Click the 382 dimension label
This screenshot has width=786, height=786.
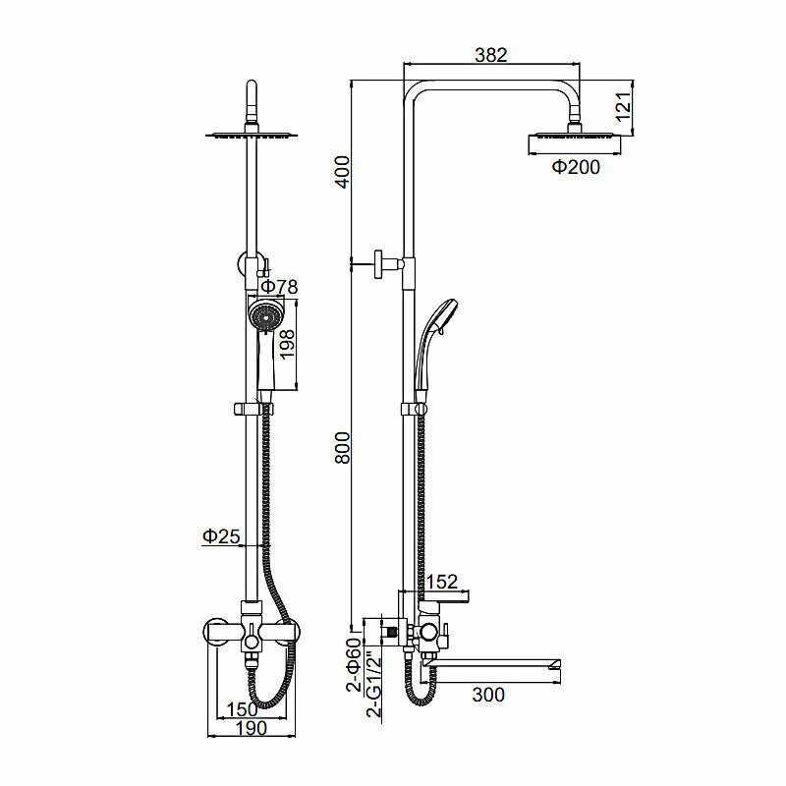coord(490,55)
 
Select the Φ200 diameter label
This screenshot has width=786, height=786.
coord(576,168)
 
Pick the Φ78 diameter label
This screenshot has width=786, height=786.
coord(278,287)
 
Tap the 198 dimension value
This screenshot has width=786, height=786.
coord(288,347)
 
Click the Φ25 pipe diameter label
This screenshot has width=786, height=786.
coord(221,536)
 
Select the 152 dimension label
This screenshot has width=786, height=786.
coord(441,584)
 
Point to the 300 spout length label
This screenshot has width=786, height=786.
coord(488,696)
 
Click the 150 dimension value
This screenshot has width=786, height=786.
coord(242,708)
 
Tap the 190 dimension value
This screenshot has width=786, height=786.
coord(251,728)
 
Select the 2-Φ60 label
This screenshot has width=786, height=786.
coord(354,666)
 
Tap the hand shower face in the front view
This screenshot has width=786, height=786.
coord(263,315)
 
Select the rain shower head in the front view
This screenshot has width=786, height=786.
coord(252,135)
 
